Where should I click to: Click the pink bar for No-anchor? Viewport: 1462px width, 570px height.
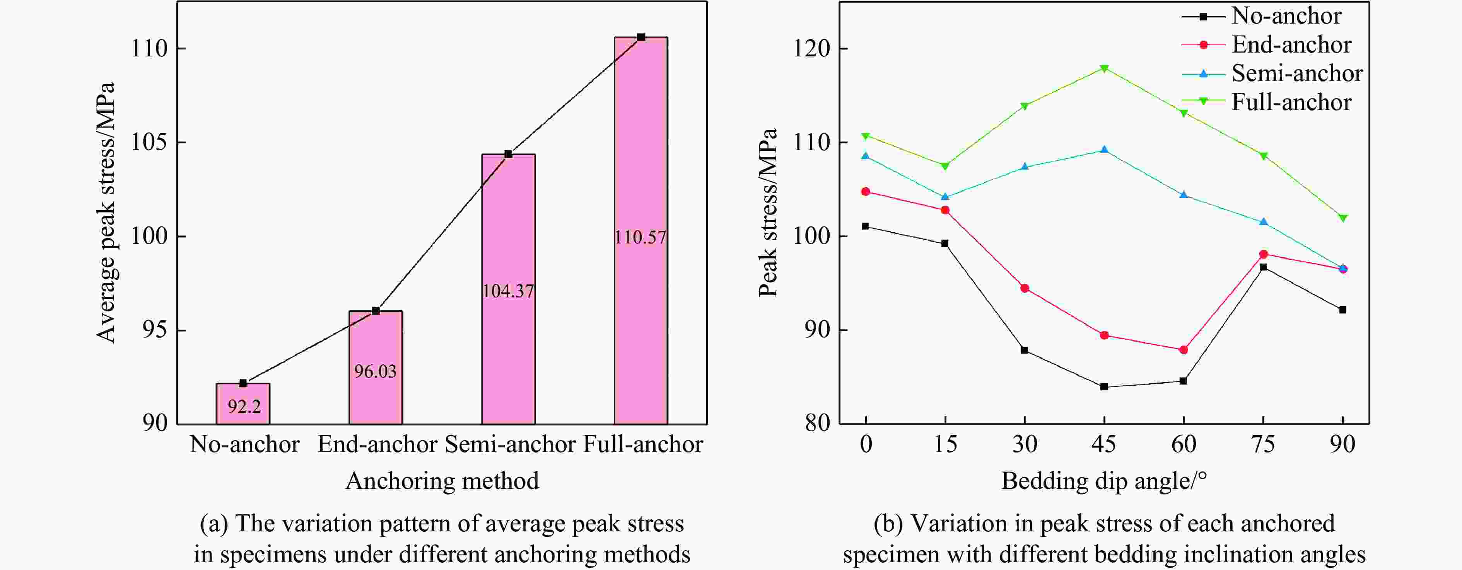(243, 403)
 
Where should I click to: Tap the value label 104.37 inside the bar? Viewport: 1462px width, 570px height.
(508, 291)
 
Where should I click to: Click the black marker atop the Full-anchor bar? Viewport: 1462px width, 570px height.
(641, 37)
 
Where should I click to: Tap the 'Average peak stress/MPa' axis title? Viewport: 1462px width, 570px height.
(106, 213)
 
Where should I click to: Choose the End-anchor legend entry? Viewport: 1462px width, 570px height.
(1291, 45)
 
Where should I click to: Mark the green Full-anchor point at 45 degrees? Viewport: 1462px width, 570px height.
(1104, 69)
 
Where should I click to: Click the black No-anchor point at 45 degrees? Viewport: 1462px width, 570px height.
(1104, 387)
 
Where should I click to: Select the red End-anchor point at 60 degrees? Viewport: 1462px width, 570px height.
(1184, 350)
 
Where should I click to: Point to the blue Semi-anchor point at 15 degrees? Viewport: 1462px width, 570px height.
(945, 197)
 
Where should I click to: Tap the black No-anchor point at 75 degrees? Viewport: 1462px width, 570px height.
(1263, 267)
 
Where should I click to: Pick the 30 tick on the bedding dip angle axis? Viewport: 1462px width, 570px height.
(1025, 444)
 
